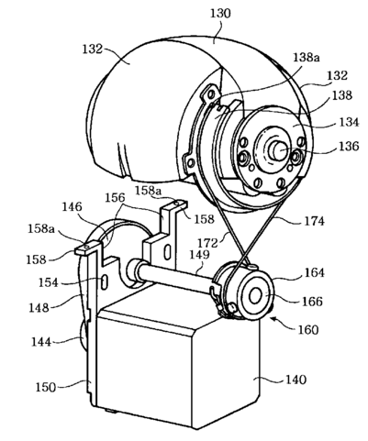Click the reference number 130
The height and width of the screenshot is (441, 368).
pyautogui.click(x=220, y=14)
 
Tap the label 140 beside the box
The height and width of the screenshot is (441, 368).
pyautogui.click(x=296, y=380)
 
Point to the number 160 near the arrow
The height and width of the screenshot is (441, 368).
pyautogui.click(x=307, y=330)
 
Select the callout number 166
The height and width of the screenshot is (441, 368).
pyautogui.click(x=312, y=302)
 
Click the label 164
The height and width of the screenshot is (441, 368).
pyautogui.click(x=314, y=272)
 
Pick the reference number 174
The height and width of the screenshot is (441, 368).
pyautogui.click(x=314, y=221)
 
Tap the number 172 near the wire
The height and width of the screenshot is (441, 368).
pyautogui.click(x=207, y=243)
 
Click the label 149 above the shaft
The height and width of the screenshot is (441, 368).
pyautogui.click(x=199, y=254)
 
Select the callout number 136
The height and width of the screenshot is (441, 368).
pyautogui.click(x=348, y=147)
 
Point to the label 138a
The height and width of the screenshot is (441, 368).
pyautogui.click(x=307, y=57)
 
